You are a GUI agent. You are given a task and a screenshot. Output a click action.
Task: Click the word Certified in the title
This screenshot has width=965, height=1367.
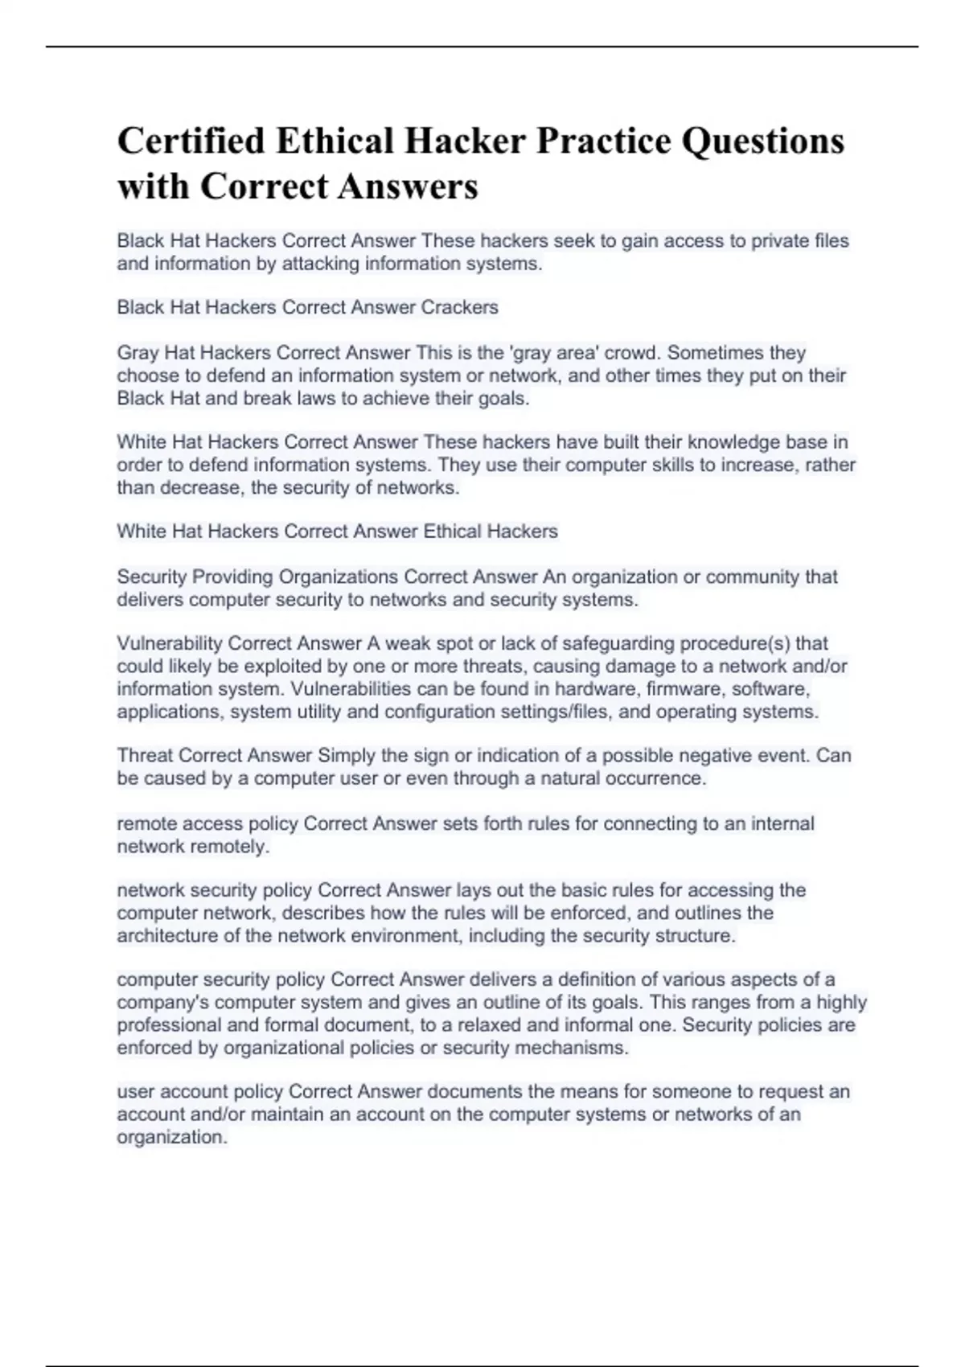pyautogui.click(x=191, y=141)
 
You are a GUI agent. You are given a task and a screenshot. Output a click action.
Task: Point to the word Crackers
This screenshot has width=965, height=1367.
pyautogui.click(x=460, y=307)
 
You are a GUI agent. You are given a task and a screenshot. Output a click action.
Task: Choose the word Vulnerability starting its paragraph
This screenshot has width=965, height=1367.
pyautogui.click(x=170, y=644)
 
